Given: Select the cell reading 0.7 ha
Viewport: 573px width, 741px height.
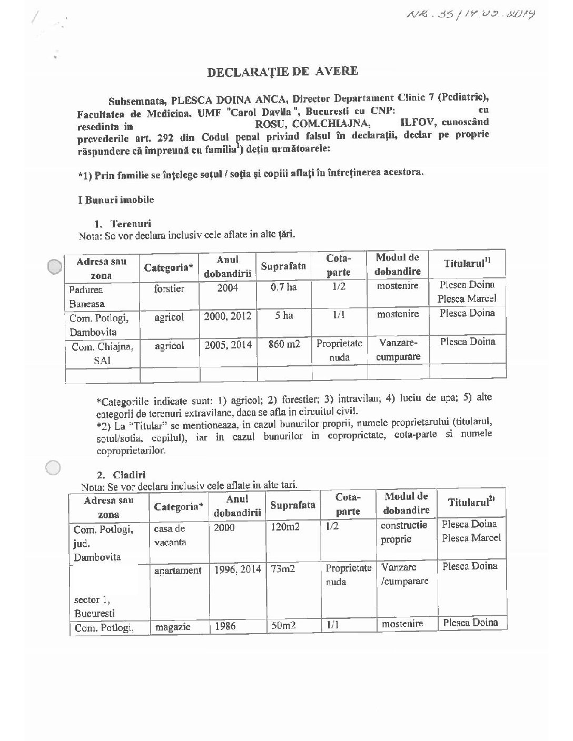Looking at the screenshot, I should (283, 288).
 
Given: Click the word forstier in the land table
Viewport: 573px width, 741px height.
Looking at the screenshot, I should (169, 289).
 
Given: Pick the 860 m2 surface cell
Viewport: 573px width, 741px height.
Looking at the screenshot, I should (283, 345).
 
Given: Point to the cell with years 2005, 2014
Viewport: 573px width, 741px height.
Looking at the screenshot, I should (228, 345).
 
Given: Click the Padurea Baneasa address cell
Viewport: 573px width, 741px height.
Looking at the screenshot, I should (86, 296).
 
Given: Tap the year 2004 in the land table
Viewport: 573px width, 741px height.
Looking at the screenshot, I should (228, 288).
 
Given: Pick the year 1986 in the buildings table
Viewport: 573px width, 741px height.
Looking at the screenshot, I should (225, 626).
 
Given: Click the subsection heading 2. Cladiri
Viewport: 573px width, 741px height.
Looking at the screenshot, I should (125, 474).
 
